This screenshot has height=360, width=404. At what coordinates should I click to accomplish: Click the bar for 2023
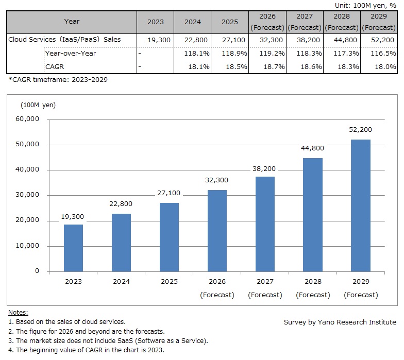(x=73, y=248)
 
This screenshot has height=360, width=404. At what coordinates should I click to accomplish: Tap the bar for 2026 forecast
(x=217, y=230)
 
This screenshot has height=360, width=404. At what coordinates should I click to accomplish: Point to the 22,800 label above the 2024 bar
(x=121, y=204)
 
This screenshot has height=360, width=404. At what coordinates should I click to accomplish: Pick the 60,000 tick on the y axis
(x=28, y=119)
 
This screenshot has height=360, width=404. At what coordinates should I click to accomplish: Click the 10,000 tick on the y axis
(x=28, y=246)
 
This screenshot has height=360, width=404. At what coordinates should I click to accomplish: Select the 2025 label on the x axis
(x=169, y=282)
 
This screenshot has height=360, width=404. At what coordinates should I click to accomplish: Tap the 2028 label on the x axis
(x=313, y=282)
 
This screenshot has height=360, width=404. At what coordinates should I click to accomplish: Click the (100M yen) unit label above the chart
(x=38, y=105)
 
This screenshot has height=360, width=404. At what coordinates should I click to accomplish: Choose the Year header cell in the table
(x=72, y=22)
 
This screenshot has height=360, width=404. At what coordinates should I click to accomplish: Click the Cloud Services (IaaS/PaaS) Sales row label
(x=64, y=39)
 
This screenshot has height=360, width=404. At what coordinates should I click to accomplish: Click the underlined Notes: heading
(x=18, y=313)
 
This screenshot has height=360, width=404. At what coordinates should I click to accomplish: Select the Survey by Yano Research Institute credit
(x=340, y=322)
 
